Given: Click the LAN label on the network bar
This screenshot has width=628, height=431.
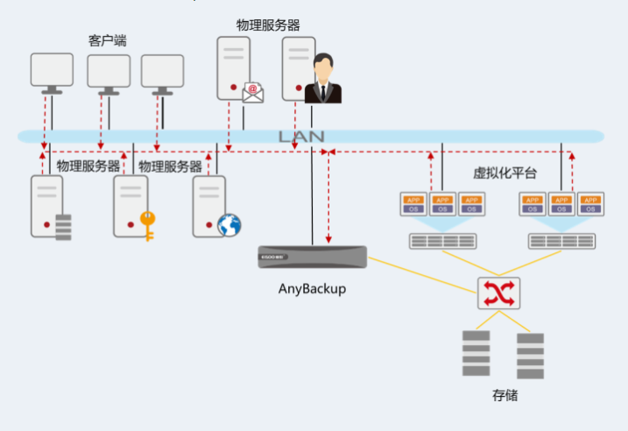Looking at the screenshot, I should click(x=301, y=137).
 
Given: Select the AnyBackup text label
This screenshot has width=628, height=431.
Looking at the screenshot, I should click(x=312, y=288).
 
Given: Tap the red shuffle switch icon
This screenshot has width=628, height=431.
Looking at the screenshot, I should click(x=498, y=293).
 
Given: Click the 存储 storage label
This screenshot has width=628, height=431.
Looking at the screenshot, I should click(x=505, y=395).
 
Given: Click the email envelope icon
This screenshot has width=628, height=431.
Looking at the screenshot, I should click(x=253, y=91).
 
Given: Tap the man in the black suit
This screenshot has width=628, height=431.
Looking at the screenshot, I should click(x=323, y=81).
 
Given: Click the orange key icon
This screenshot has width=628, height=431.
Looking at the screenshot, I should click(x=146, y=224).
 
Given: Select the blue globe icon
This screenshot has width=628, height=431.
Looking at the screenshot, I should click(x=229, y=225).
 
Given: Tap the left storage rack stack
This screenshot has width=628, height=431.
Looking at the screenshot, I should click(x=476, y=352).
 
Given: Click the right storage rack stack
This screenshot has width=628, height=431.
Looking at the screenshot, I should click(x=531, y=354).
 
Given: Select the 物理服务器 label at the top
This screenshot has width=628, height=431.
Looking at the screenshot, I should click(x=268, y=25).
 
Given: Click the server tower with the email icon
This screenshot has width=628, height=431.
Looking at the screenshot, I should click(x=232, y=68).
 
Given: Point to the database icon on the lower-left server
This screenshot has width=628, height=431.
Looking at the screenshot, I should click(x=63, y=227).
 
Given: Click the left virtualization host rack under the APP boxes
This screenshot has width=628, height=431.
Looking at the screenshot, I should click(x=442, y=241).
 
